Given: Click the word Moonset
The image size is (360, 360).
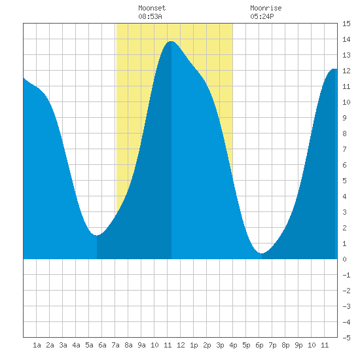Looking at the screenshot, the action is click(x=152, y=8).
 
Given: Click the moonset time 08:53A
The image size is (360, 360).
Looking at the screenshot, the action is click(x=150, y=16).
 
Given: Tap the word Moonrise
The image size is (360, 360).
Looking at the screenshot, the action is click(x=266, y=8).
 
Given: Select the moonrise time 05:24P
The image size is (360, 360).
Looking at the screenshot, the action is click(x=262, y=16).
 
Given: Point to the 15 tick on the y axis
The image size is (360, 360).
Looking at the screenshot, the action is click(x=346, y=24).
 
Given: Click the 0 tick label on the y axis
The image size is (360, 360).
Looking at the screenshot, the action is click(x=344, y=259).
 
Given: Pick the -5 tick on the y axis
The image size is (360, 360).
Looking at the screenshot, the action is click(x=346, y=338).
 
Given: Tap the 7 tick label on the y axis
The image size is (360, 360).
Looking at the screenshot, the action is click(x=344, y=149).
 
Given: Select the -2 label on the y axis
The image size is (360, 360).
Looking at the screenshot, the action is click(x=346, y=291).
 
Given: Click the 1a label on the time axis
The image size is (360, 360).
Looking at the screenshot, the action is click(x=37, y=345).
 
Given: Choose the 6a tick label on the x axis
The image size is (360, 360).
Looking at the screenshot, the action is click(x=102, y=345).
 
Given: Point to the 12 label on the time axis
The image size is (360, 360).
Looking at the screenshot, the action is click(x=181, y=345).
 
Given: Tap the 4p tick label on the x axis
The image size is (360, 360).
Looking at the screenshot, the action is click(x=233, y=345).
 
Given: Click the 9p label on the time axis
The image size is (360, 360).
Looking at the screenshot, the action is click(x=298, y=345).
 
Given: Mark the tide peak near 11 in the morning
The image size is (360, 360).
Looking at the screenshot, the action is click(x=171, y=41).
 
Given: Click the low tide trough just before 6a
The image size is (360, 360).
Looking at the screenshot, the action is click(x=97, y=235).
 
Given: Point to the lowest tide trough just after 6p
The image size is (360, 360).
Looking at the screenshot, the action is click(x=262, y=253).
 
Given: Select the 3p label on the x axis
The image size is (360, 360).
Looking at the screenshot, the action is click(x=220, y=345).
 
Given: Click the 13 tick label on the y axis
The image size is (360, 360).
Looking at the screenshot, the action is click(x=346, y=55).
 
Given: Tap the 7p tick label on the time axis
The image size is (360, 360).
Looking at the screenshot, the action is click(x=272, y=345).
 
